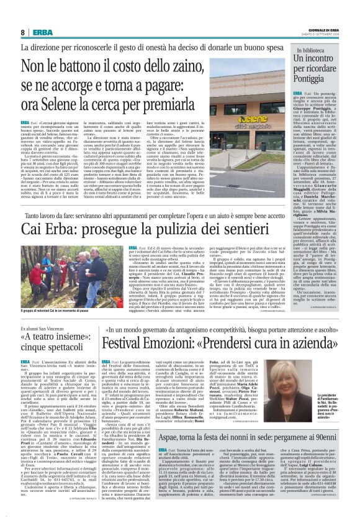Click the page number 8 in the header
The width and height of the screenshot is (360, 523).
click(23, 32)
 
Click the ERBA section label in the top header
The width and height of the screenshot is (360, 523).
click(42, 32)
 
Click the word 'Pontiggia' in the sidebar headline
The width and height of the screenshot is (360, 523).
click(313, 80)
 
